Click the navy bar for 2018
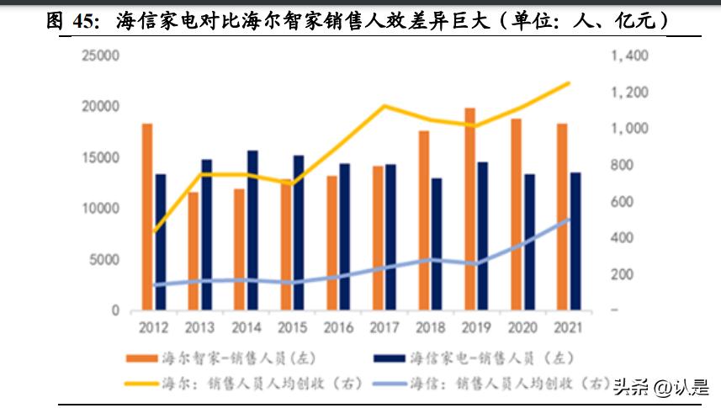[x=436, y=243]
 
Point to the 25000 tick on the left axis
[x=101, y=56]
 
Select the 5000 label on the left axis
[x=105, y=260]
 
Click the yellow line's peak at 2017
[x=384, y=106]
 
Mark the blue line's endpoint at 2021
[x=570, y=219]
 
